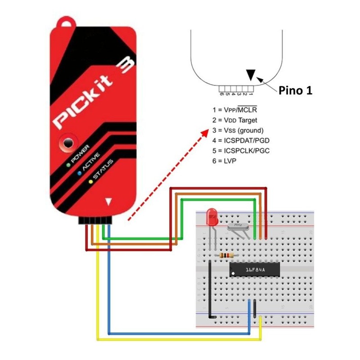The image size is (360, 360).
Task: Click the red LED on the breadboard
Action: click(x=211, y=218)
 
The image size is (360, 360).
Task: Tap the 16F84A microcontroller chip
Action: click(x=255, y=269)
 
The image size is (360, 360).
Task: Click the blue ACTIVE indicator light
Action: click(x=80, y=172)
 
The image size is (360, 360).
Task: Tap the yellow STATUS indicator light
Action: click(x=91, y=181)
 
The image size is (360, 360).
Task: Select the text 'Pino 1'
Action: click(x=295, y=90)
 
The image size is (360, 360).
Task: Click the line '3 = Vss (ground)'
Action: click(x=238, y=130)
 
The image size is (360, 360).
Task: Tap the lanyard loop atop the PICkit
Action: click(x=67, y=23)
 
